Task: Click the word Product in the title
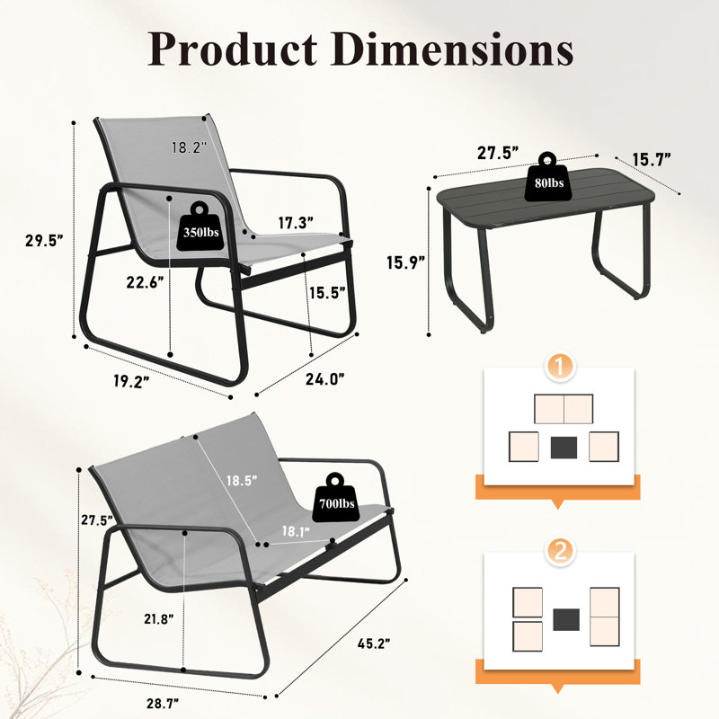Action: [233, 49]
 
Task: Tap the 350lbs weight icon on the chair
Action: [200, 226]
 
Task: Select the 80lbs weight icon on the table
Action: [548, 177]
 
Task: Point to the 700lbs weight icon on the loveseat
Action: [336, 499]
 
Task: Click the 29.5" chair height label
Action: [44, 240]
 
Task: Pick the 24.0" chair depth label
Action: [325, 379]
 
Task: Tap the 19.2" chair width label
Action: [131, 381]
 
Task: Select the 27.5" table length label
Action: [498, 153]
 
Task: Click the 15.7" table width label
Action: [651, 160]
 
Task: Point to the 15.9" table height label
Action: [405, 262]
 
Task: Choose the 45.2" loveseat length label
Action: [374, 644]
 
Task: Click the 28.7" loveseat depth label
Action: [163, 703]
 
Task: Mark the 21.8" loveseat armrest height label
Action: [159, 619]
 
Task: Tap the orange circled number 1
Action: [559, 367]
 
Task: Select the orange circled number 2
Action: [559, 551]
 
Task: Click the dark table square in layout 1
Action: [564, 448]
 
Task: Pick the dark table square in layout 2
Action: [566, 619]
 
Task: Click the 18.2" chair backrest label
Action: [189, 147]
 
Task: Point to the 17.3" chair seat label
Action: [296, 223]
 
